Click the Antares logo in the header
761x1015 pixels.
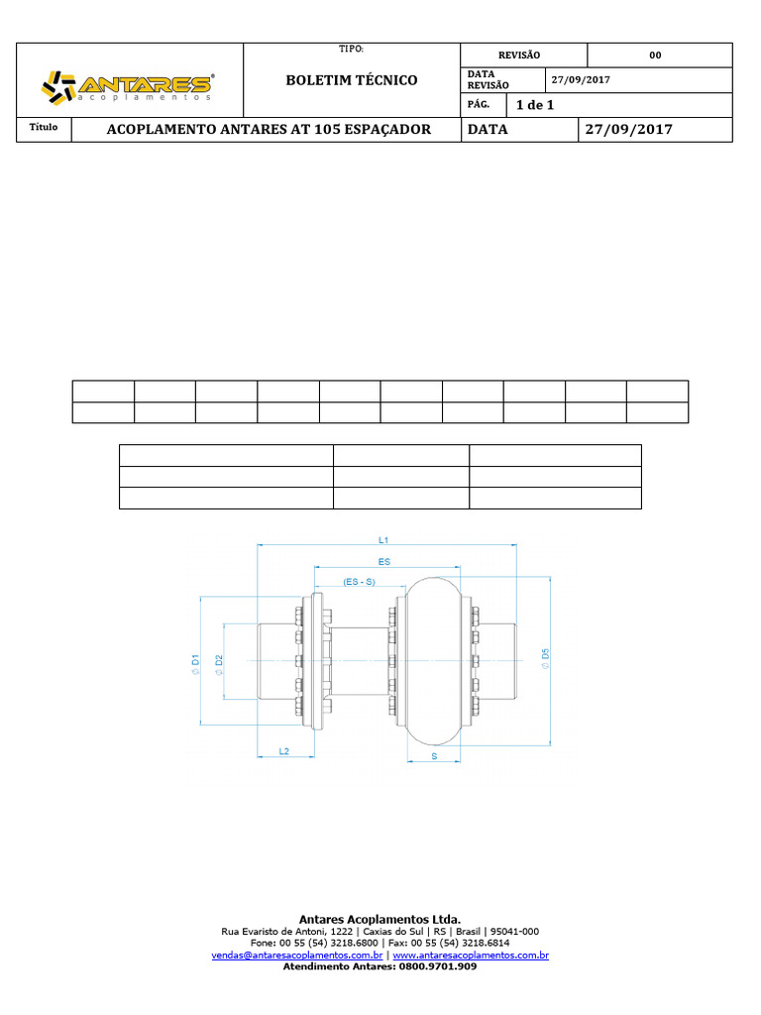[x=128, y=87]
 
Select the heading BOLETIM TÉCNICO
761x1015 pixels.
[x=352, y=80]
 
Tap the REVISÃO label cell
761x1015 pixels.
[x=519, y=56]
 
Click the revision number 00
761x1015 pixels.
[x=656, y=56]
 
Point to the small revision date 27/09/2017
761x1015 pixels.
[x=581, y=79]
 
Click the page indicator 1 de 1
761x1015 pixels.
[x=535, y=105]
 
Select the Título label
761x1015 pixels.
[x=44, y=127]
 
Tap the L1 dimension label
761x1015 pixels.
[x=383, y=540]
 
